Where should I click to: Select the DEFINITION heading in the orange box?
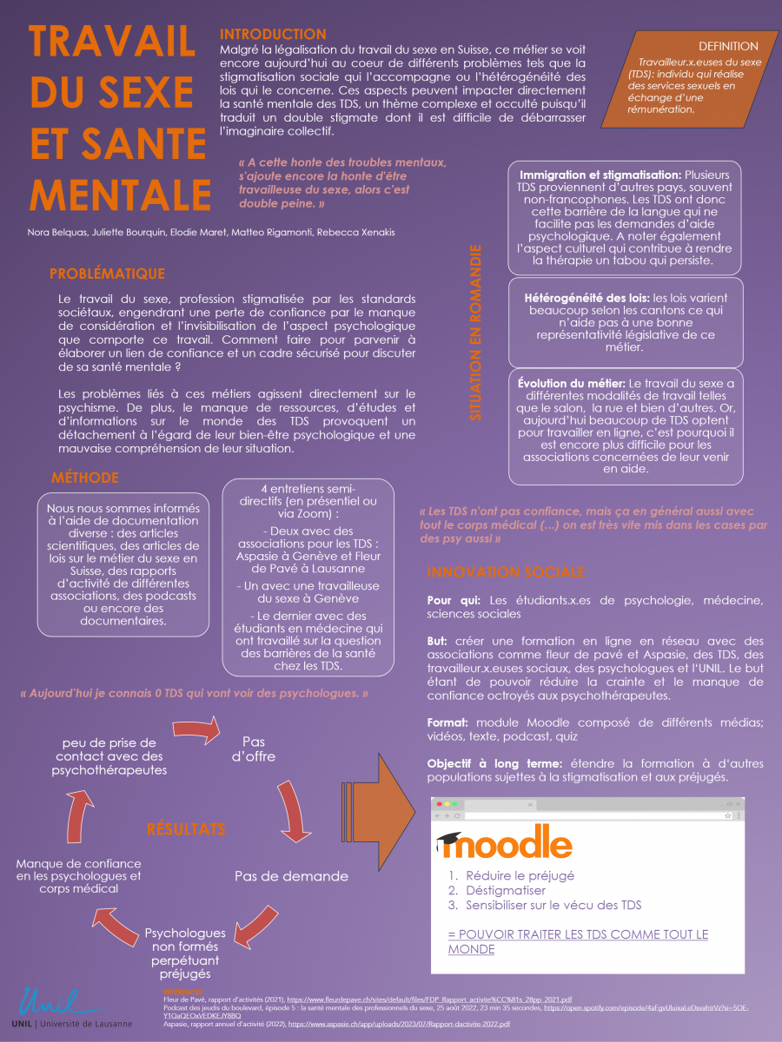pyautogui.click(x=728, y=46)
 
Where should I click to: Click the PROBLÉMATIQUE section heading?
pyautogui.click(x=107, y=274)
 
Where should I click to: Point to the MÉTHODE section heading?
pyautogui.click(x=85, y=478)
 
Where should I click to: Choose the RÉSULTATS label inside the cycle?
pyautogui.click(x=186, y=828)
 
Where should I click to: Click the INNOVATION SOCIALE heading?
pyautogui.click(x=505, y=572)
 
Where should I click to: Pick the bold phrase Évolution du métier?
pyautogui.click(x=571, y=383)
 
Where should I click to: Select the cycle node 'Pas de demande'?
pyautogui.click(x=291, y=876)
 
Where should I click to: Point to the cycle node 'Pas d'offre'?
pyautogui.click(x=254, y=749)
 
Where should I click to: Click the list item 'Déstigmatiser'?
pyautogui.click(x=506, y=890)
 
